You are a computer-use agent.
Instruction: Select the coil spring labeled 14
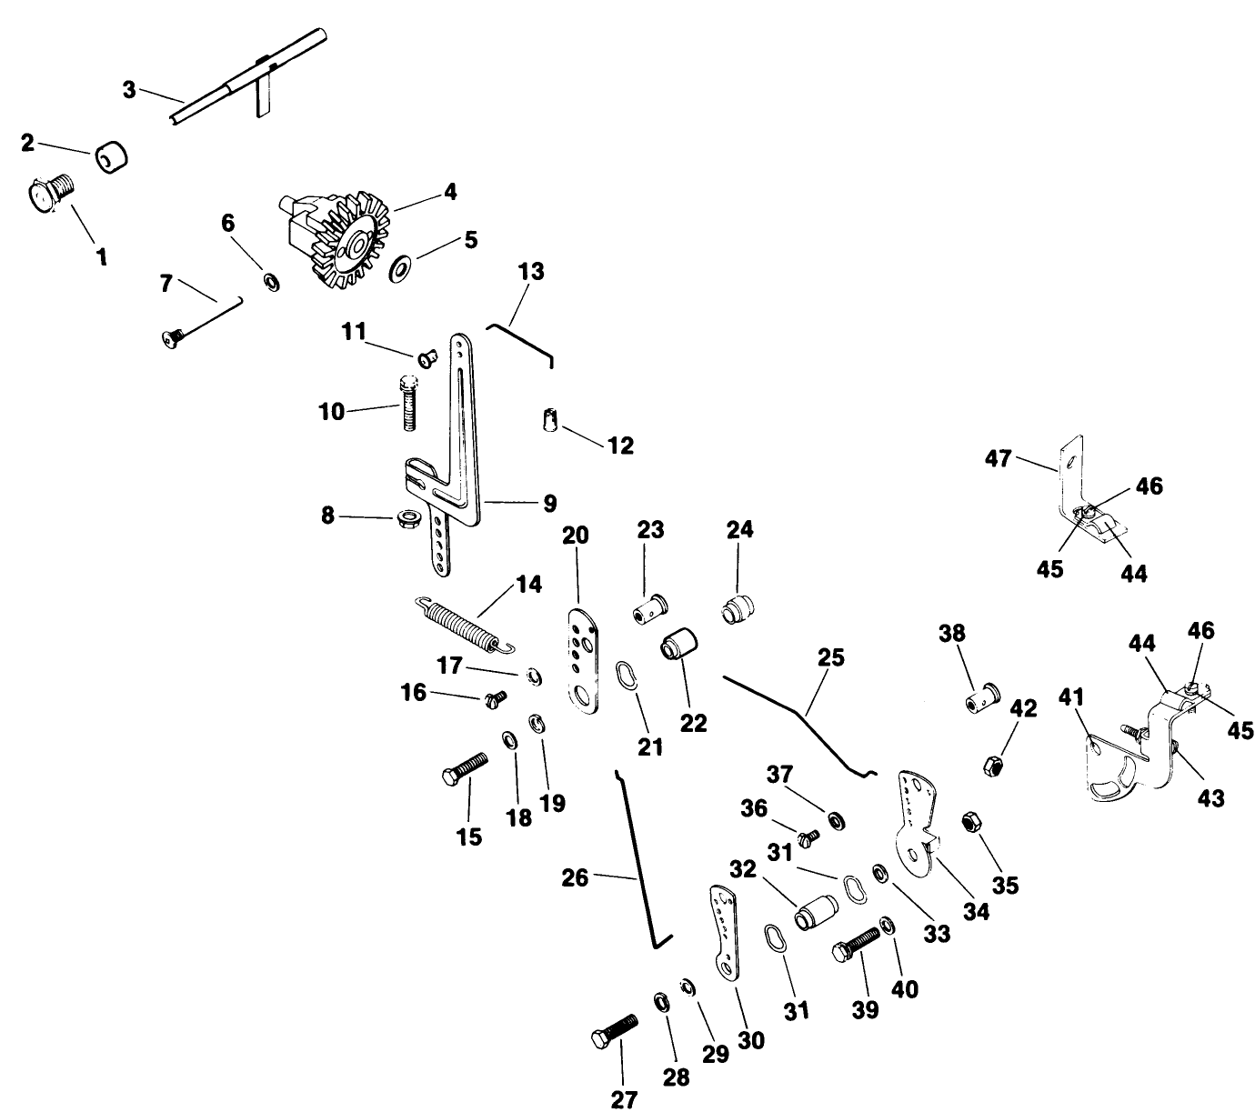pyautogui.click(x=463, y=625)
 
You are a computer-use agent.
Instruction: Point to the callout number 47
pyautogui.click(x=998, y=459)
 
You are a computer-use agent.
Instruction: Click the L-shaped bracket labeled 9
pyautogui.click(x=465, y=455)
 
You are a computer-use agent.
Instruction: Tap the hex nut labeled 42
pyautogui.click(x=994, y=765)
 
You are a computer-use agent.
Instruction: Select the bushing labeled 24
pyautogui.click(x=739, y=609)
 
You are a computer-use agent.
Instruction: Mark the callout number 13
pyautogui.click(x=531, y=272)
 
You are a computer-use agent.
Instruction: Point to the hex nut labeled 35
pyautogui.click(x=969, y=823)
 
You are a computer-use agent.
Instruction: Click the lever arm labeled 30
pyautogui.click(x=726, y=932)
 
